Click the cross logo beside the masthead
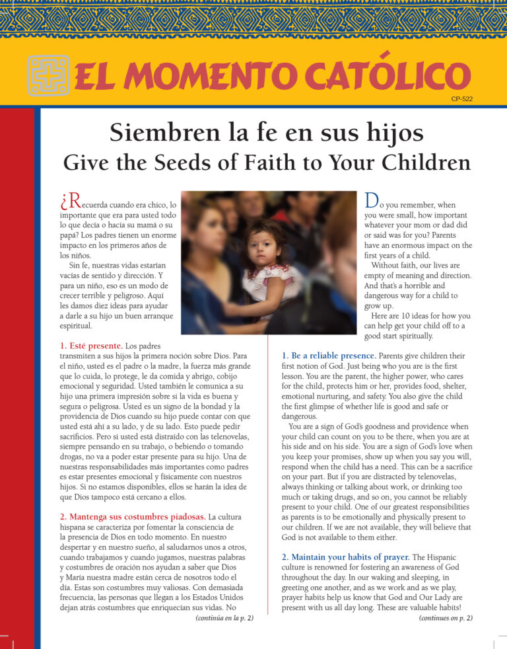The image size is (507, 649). pyautogui.click(x=48, y=75)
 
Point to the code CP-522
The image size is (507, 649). pyautogui.click(x=461, y=99)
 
